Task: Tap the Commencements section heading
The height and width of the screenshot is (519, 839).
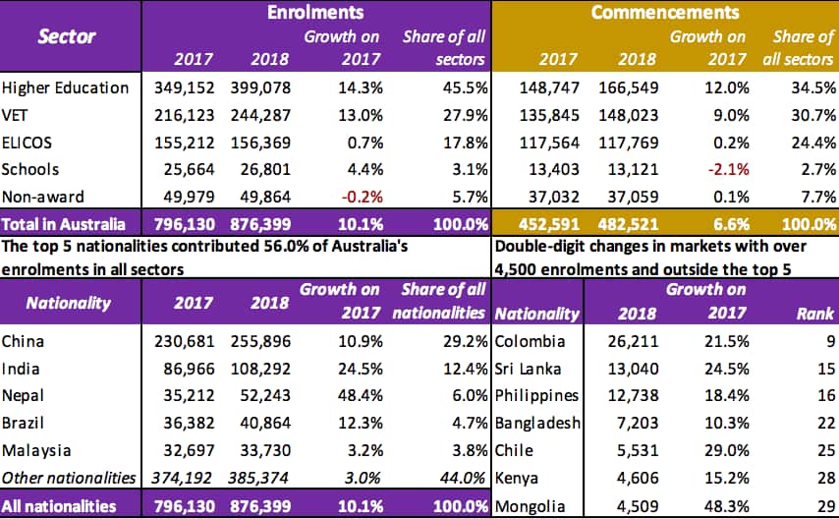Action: coord(665,13)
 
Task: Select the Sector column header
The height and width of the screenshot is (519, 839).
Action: coord(67,37)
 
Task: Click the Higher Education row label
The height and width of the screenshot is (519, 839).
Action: coord(65,87)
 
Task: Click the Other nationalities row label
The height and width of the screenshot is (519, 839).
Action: coord(68,478)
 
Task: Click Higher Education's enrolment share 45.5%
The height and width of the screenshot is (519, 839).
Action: coord(463,87)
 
